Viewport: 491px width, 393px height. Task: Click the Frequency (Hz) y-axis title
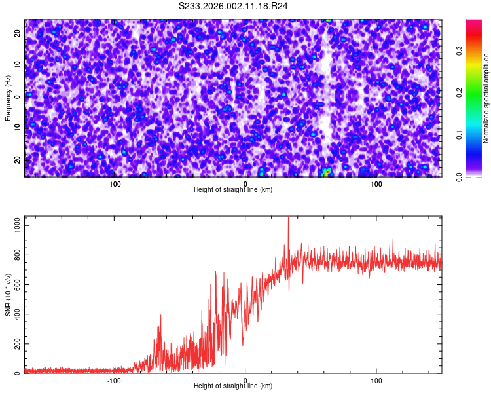(x=8, y=98)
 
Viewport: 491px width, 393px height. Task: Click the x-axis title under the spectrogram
(x=233, y=189)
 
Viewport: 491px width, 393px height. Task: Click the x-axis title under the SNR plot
(x=233, y=386)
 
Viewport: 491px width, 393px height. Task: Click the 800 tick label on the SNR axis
(x=16, y=254)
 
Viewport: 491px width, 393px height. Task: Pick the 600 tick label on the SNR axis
(x=16, y=284)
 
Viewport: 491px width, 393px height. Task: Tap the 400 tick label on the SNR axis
(x=16, y=314)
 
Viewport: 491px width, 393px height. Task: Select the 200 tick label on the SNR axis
(x=16, y=344)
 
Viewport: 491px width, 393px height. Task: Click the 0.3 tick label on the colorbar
(x=460, y=50)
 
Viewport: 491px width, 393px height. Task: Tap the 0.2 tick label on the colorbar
(x=460, y=93)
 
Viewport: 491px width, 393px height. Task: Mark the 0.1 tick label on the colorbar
(x=460, y=135)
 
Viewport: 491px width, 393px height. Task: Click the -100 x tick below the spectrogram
(x=114, y=183)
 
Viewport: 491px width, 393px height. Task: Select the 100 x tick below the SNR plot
(x=376, y=380)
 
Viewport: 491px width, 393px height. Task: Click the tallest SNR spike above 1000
(x=288, y=218)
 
